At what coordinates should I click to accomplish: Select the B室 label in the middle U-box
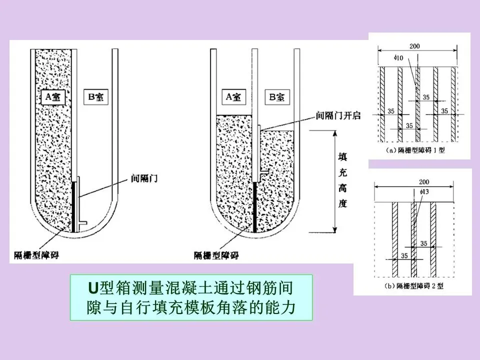pyautogui.click(x=278, y=97)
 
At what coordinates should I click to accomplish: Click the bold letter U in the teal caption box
pyautogui.click(x=92, y=289)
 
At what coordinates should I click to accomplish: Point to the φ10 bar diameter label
pyautogui.click(x=399, y=58)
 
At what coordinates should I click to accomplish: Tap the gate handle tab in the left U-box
pyautogui.click(x=83, y=220)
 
